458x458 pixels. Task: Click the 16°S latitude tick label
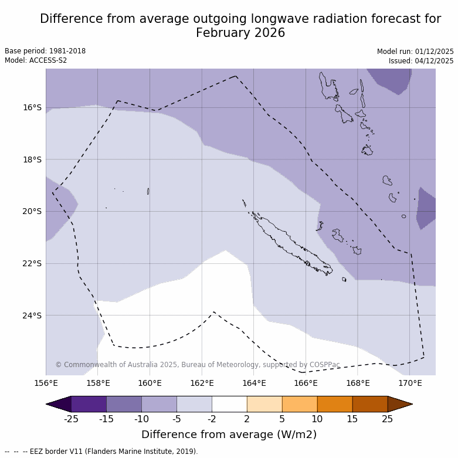(x=32, y=107)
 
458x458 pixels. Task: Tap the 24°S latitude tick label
(x=32, y=315)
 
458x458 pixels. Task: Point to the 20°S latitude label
(x=32, y=211)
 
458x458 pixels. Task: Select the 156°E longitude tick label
(x=46, y=384)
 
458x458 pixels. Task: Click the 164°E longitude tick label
(x=253, y=384)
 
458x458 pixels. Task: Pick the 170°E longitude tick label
(x=409, y=384)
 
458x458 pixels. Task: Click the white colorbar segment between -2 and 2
(x=229, y=404)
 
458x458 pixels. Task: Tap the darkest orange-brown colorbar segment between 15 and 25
(x=369, y=404)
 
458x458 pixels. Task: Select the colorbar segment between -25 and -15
(x=89, y=404)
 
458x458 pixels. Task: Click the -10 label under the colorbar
(x=141, y=419)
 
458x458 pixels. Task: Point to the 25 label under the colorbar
(x=388, y=419)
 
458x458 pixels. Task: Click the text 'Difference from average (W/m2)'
(x=229, y=435)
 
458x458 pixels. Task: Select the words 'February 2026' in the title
(x=240, y=33)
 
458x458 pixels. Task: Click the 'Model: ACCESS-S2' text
(x=36, y=60)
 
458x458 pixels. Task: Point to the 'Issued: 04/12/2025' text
(x=421, y=61)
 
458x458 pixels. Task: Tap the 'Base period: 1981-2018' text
(x=45, y=51)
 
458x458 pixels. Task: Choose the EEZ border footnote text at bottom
(x=101, y=452)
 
